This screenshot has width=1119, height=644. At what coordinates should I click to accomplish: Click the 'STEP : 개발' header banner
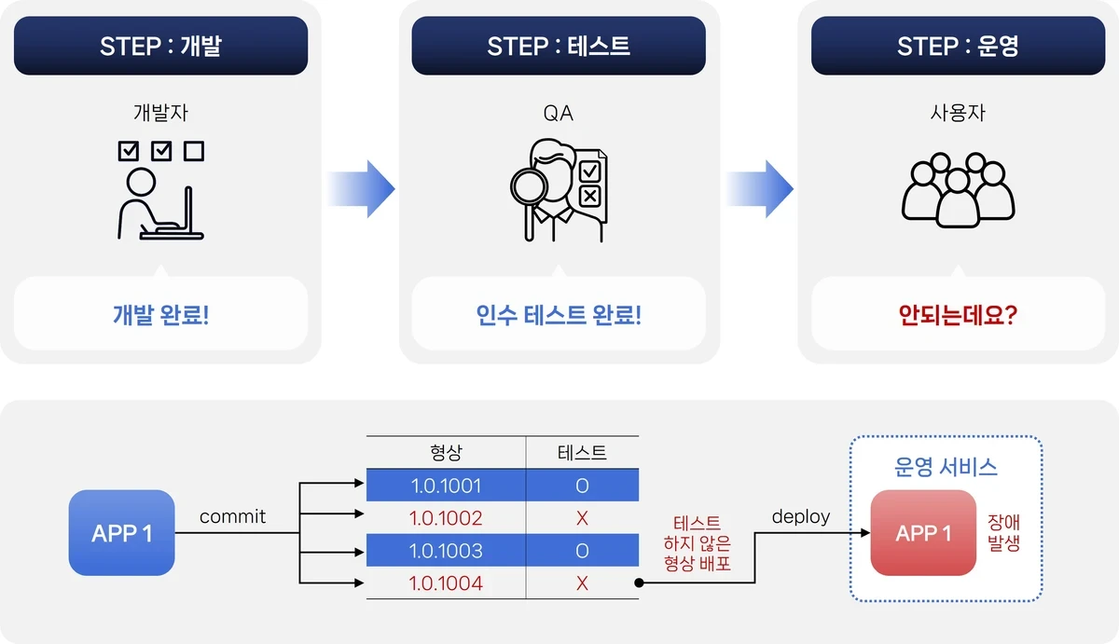pyautogui.click(x=160, y=46)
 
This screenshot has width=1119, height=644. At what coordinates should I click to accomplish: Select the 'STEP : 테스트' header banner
pyautogui.click(x=559, y=46)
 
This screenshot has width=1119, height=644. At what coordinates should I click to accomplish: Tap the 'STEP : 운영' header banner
pyautogui.click(x=958, y=46)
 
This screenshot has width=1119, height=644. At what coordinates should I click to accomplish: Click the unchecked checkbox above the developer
pyautogui.click(x=194, y=151)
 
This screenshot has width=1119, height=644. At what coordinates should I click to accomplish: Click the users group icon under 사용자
pyautogui.click(x=958, y=190)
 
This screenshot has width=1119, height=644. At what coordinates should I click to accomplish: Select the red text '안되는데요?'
pyautogui.click(x=958, y=315)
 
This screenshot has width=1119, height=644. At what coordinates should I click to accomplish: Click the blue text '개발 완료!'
pyautogui.click(x=160, y=315)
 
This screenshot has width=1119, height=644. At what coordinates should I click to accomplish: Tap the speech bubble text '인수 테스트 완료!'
pyautogui.click(x=559, y=315)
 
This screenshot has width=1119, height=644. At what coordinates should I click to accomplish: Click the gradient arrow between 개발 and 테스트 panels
pyautogui.click(x=361, y=188)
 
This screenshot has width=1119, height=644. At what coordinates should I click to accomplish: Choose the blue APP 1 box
pyautogui.click(x=121, y=533)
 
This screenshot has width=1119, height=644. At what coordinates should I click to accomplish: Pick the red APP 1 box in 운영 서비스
pyautogui.click(x=923, y=533)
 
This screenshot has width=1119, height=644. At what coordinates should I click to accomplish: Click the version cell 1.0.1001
pyautogui.click(x=446, y=486)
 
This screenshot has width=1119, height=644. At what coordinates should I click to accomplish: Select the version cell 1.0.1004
pyautogui.click(x=446, y=583)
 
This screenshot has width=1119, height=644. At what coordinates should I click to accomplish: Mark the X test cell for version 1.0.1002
pyautogui.click(x=582, y=518)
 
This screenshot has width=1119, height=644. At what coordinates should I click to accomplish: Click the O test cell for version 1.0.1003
pyautogui.click(x=582, y=551)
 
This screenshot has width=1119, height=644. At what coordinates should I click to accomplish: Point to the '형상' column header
pyautogui.click(x=446, y=452)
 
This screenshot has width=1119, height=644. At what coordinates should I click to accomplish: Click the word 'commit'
pyautogui.click(x=232, y=516)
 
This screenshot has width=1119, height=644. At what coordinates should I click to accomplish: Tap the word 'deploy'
pyautogui.click(x=801, y=516)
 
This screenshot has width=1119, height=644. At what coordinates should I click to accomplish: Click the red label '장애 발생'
pyautogui.click(x=1003, y=533)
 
